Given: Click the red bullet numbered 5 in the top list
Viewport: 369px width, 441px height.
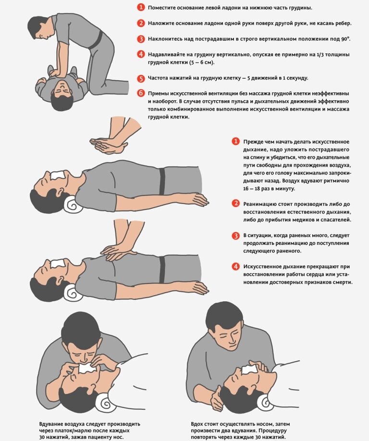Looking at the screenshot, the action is coord(141,78).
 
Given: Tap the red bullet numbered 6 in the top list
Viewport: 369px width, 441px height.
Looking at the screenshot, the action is coord(141,94).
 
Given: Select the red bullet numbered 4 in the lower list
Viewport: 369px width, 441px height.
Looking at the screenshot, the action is coord(235,266).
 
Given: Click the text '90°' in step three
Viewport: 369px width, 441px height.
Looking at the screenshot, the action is coord(345,39).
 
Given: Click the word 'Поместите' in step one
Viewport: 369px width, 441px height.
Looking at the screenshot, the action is coord(161,8).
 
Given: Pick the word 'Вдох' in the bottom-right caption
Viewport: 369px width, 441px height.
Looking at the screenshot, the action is coord(197,424).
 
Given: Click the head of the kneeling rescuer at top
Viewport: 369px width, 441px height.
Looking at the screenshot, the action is coord(40,29).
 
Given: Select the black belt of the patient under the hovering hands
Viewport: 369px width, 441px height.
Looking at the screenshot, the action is coord(162,181).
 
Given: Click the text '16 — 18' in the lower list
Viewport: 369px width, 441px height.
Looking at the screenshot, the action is coord(252,189).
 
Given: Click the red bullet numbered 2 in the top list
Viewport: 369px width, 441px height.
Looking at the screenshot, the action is coord(141,23).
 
